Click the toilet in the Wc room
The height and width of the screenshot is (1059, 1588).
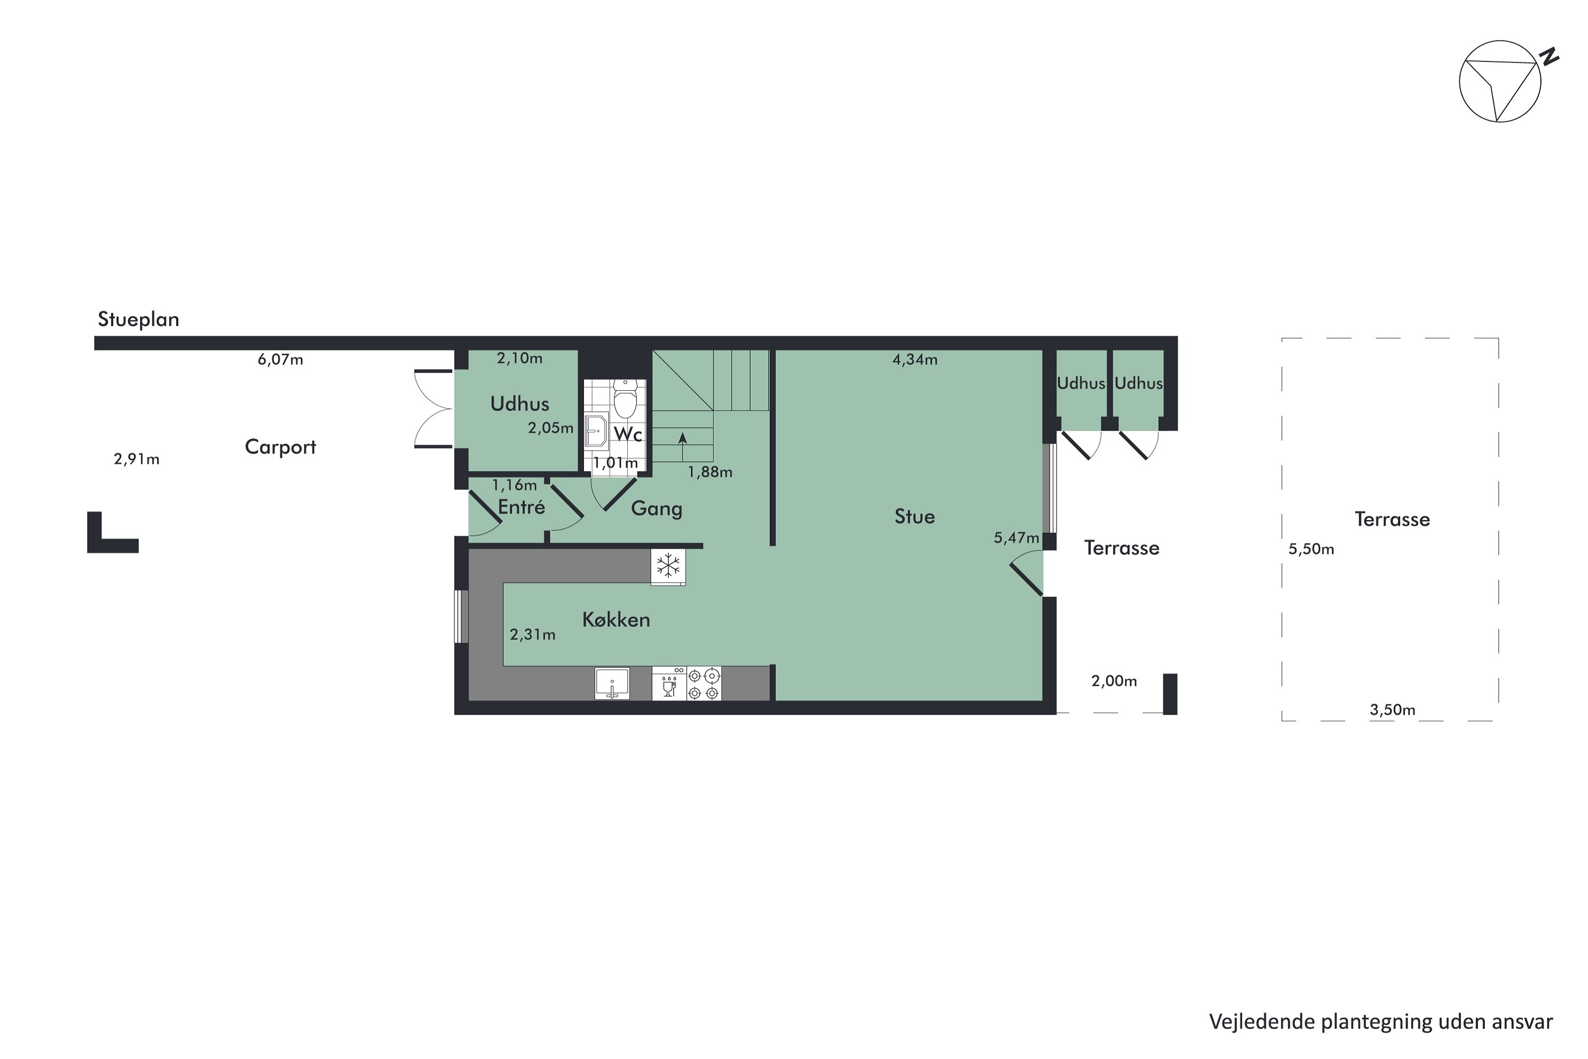click(625, 401)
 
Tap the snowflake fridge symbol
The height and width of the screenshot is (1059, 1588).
click(667, 566)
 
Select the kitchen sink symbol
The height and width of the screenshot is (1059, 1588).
click(612, 683)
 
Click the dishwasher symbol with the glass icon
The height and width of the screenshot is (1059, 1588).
click(669, 684)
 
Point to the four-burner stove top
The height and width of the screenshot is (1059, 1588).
click(703, 683)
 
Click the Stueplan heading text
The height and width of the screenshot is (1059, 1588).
click(138, 319)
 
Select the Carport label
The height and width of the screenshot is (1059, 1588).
click(280, 447)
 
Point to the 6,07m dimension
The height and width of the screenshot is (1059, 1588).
click(280, 360)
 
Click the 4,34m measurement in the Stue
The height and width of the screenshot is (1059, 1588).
click(915, 360)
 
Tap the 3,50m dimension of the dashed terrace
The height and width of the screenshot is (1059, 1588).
click(1392, 710)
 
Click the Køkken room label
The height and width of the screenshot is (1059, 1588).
click(616, 620)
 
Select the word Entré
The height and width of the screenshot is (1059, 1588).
click(521, 507)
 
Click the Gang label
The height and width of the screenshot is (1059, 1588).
click(656, 508)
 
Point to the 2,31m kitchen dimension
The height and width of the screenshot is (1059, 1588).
click(532, 635)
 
